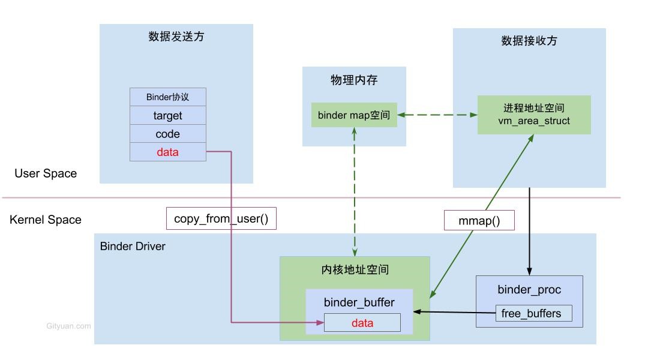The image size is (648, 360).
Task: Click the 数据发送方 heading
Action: click(176, 37)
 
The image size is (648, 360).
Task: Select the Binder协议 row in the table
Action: click(167, 97)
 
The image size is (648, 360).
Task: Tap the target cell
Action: click(167, 116)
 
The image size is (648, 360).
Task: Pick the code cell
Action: click(167, 134)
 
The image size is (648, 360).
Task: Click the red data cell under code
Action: click(167, 152)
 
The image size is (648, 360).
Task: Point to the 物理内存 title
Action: click(354, 80)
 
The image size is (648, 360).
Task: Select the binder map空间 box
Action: click(354, 115)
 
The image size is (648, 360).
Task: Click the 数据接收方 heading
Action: click(529, 41)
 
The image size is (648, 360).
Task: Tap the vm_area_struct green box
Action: click(534, 115)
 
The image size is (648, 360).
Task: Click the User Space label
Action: click(46, 173)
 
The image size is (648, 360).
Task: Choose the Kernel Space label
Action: click(46, 220)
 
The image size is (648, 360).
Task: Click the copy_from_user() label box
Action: click(221, 219)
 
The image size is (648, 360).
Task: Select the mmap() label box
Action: click(479, 220)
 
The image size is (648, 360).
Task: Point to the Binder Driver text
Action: click(133, 246)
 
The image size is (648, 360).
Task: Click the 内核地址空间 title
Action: click(355, 270)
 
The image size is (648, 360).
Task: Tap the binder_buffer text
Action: click(359, 302)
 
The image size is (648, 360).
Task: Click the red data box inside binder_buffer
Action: click(362, 323)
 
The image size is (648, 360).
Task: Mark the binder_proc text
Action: click(529, 290)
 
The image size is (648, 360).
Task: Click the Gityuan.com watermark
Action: click(68, 326)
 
